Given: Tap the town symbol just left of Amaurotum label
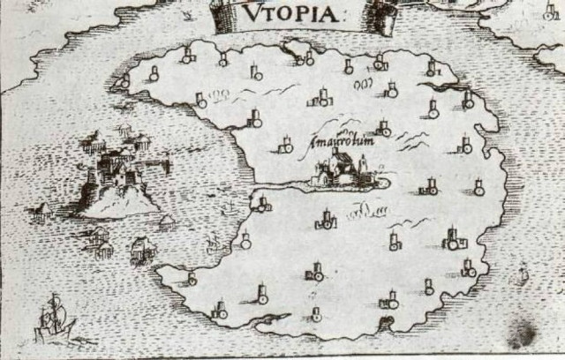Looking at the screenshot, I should pos(285,145).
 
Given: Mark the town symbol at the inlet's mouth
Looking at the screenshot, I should pos(261,204).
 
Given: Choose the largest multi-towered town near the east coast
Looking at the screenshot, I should pos(455,238).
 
